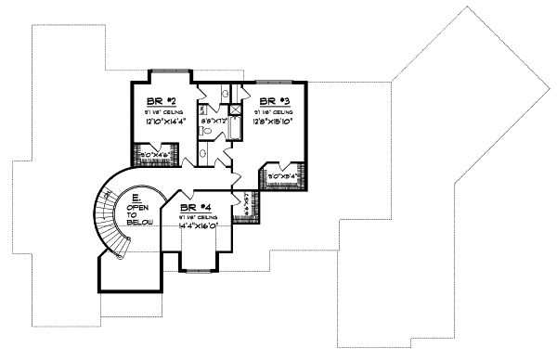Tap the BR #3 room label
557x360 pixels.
click(273, 99)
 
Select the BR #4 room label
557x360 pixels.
click(193, 208)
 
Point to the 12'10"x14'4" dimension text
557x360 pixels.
click(164, 121)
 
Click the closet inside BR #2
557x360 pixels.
click(150, 155)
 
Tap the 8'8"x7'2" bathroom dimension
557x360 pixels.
click(214, 121)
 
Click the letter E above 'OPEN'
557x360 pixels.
click(136, 197)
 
